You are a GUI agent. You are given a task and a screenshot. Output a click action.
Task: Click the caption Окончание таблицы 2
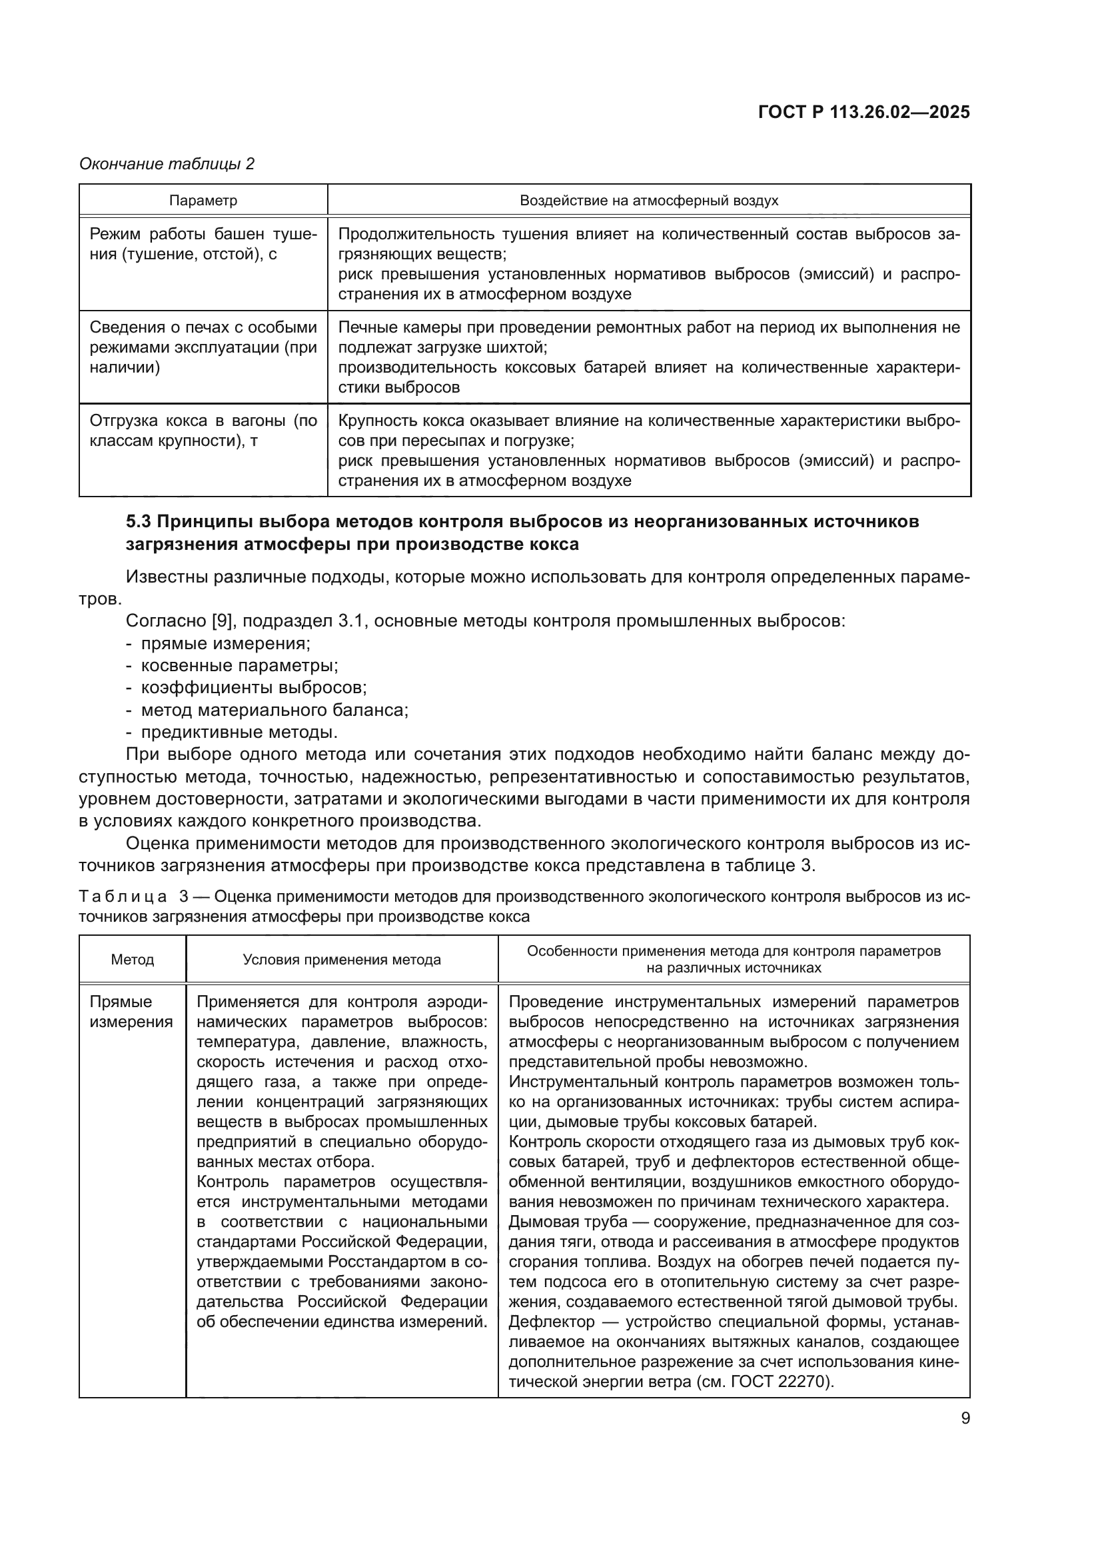click(167, 164)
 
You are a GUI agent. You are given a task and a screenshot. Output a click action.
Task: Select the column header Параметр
click(203, 201)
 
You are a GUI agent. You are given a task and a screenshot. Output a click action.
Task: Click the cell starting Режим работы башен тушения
click(203, 245)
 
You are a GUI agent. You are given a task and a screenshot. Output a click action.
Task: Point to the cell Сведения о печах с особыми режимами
click(203, 348)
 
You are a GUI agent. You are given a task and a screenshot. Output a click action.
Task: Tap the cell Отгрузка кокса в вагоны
click(203, 431)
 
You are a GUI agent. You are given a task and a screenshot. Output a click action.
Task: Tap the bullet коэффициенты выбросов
click(253, 688)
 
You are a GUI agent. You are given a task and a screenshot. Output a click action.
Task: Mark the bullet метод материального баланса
click(274, 711)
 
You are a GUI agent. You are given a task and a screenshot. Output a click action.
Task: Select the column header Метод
click(133, 959)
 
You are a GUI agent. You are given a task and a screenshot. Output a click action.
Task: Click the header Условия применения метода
click(341, 959)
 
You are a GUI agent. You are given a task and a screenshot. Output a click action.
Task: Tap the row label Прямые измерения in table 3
click(131, 1012)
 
